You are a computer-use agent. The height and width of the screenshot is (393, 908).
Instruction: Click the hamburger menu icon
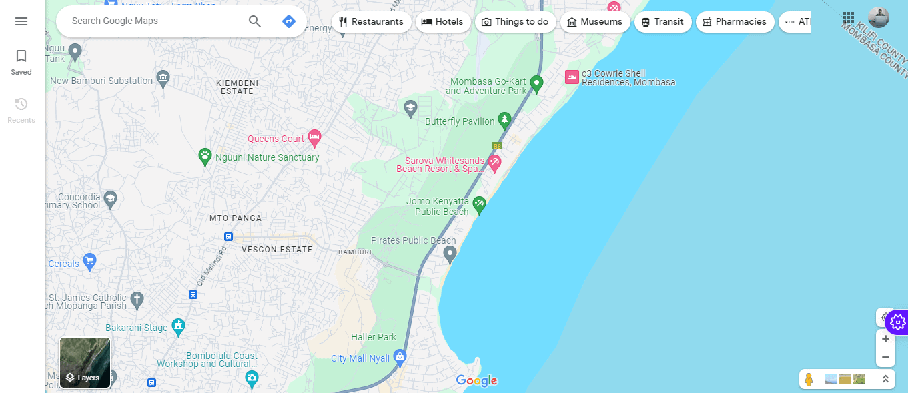[x=21, y=21]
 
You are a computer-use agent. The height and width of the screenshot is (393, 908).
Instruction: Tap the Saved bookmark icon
[x=21, y=57]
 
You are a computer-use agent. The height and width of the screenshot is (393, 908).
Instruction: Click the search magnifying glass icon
[x=255, y=21]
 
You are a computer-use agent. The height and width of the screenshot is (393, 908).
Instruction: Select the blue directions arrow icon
[x=289, y=21]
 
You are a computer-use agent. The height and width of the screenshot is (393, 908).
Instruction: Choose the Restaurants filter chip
[x=371, y=22]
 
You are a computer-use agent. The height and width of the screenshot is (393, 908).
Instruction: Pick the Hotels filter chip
[x=442, y=22]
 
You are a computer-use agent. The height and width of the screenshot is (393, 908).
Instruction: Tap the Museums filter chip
[x=594, y=22]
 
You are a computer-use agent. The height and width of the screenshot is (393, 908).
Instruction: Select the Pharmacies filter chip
[x=735, y=22]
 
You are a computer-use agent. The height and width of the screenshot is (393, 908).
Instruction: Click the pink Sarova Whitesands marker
[x=494, y=162]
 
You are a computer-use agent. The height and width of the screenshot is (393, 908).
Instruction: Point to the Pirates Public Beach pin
[x=450, y=253]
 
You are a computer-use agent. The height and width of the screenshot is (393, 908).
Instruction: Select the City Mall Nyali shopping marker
[x=400, y=356]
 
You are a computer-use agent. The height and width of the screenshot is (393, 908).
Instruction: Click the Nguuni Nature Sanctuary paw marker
[x=205, y=157]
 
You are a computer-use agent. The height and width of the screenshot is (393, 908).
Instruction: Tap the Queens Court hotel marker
[x=314, y=138]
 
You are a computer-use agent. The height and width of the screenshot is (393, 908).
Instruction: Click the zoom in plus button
[x=885, y=339]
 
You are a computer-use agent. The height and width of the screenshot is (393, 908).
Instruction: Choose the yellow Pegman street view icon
[x=809, y=379]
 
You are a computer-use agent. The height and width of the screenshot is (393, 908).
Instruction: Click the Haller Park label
[x=374, y=337]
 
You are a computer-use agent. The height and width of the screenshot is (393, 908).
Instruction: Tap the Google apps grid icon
[x=849, y=17]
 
